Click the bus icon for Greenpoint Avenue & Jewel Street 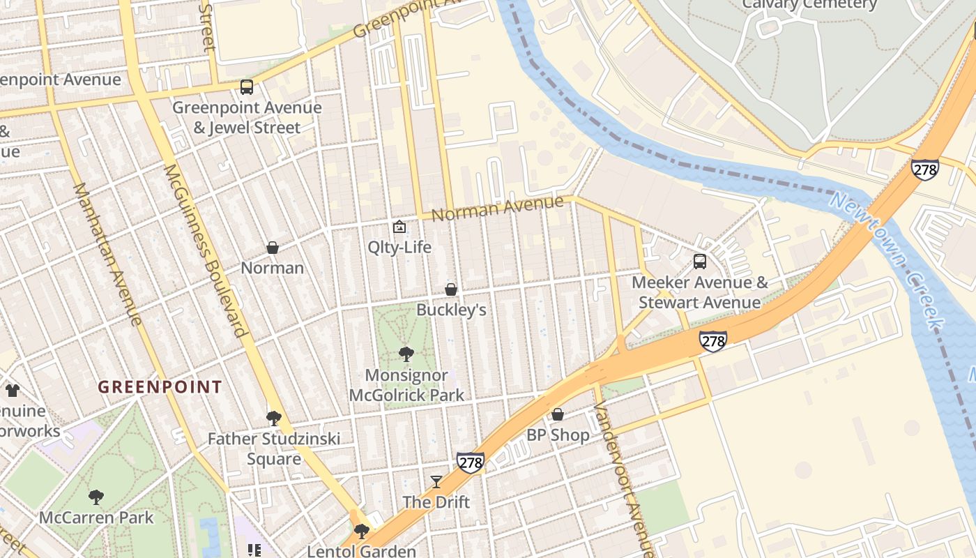[x=247, y=87]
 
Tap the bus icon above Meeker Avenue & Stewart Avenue [x=699, y=262]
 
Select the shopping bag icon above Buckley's [x=451, y=289]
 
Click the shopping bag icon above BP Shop [x=558, y=414]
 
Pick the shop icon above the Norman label [x=273, y=248]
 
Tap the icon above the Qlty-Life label [x=399, y=227]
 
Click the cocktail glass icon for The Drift [x=436, y=481]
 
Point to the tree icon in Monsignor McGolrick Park [x=406, y=354]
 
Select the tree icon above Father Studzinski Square [x=274, y=418]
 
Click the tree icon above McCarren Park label [x=96, y=497]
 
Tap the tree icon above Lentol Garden [x=361, y=531]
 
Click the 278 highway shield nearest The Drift [x=471, y=462]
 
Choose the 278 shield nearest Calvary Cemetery [x=924, y=169]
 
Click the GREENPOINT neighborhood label [x=160, y=387]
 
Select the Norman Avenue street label [x=497, y=207]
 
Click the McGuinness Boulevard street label [x=206, y=250]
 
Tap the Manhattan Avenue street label [x=108, y=254]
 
